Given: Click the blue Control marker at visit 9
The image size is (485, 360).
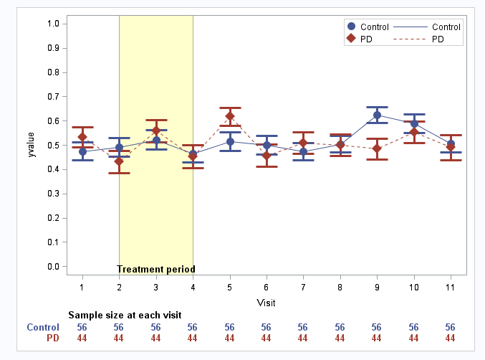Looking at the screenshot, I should (377, 115).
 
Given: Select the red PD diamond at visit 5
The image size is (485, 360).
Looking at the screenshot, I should (230, 116).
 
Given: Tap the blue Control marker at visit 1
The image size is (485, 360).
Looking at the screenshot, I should (82, 151).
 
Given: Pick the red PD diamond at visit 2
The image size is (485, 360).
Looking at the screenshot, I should (119, 161).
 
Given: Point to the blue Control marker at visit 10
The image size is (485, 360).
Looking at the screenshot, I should (414, 123).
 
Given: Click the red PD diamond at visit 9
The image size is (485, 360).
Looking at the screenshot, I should (377, 148).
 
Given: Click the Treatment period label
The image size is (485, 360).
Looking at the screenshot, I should (155, 270).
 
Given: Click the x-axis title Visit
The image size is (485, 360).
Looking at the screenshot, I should (266, 303).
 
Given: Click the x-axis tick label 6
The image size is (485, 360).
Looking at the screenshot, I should (266, 287).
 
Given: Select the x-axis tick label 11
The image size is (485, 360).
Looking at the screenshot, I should (451, 287).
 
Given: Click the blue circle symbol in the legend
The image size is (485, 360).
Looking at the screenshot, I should (351, 27).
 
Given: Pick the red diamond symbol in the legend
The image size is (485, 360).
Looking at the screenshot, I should (351, 39).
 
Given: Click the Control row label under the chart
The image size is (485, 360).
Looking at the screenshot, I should (43, 327).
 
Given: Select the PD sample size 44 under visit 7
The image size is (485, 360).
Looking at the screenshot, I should (303, 338).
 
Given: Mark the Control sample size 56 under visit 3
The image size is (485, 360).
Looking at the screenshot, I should (155, 327).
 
